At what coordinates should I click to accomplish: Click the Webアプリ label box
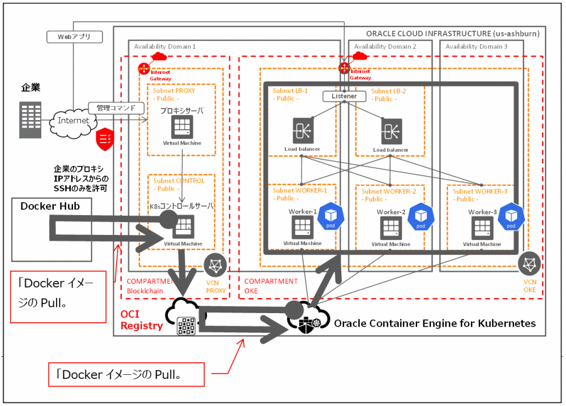pyautogui.click(x=74, y=37)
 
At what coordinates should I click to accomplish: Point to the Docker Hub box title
pyautogui.click(x=50, y=206)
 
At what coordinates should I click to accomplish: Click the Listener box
pyautogui.click(x=344, y=96)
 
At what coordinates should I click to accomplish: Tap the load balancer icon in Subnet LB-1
pyautogui.click(x=302, y=131)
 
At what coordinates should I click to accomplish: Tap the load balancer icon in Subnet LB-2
pyautogui.click(x=391, y=131)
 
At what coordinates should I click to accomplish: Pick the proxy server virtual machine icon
pyautogui.click(x=182, y=127)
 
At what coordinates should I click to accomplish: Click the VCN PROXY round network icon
pyautogui.click(x=216, y=265)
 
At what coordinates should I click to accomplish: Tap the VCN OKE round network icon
pyautogui.click(x=529, y=264)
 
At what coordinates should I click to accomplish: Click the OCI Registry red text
pyautogui.click(x=141, y=320)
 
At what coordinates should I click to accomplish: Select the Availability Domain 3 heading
pyautogui.click(x=476, y=46)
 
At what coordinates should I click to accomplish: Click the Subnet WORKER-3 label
pyautogui.click(x=480, y=191)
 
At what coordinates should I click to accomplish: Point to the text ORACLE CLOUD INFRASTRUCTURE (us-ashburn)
pyautogui.click(x=453, y=33)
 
